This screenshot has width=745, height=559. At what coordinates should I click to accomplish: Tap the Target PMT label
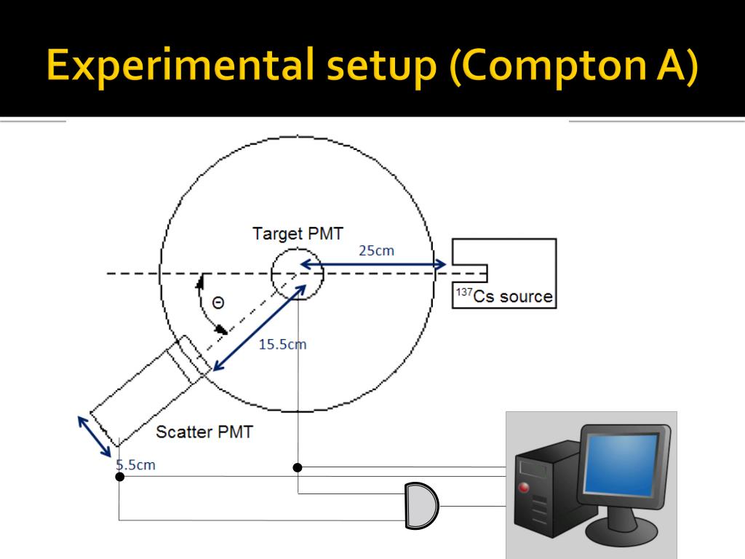coord(298,234)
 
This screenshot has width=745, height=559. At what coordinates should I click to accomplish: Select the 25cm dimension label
coord(376,250)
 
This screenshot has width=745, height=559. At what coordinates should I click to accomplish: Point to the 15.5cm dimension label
coord(282,344)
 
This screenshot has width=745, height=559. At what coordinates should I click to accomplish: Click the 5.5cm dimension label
coord(136,464)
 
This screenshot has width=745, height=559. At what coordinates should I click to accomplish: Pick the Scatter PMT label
coord(204,432)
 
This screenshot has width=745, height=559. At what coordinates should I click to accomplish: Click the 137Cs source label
coord(504,296)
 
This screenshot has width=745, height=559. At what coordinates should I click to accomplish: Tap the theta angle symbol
coord(218,303)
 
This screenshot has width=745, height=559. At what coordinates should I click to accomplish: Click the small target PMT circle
coord(297,274)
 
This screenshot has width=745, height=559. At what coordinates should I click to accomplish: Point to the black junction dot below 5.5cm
coord(119,476)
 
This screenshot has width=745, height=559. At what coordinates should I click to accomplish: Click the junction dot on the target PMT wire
coord(298,467)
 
